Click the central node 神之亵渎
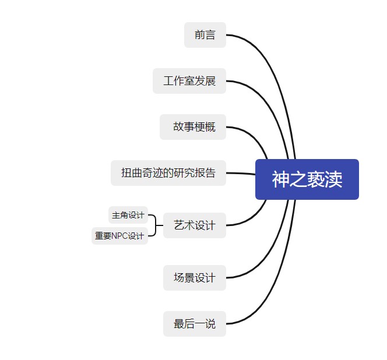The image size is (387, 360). coord(307,179)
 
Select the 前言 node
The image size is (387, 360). coord(205,35)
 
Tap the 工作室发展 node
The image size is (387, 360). coord(189,81)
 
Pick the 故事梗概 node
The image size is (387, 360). coord(192,127)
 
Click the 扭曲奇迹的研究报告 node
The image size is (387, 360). coord(168,173)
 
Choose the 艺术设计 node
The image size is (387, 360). coord(194,225)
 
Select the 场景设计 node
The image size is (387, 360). coord(194,278)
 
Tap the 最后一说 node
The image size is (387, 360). coord(194,324)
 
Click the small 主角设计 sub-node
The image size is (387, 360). coord(128,215)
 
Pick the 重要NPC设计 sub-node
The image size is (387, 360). coord(119,236)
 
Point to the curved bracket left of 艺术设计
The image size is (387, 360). coord(156,225)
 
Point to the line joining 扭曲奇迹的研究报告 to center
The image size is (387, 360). coord(240,173)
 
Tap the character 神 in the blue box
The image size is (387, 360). coord(280,179)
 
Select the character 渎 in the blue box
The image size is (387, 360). coord(333,179)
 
